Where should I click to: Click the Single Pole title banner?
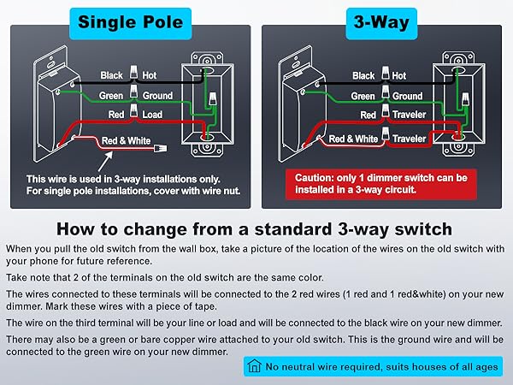pyautogui.click(x=130, y=24)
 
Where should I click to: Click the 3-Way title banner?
pyautogui.click(x=381, y=24)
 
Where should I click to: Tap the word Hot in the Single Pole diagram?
pyautogui.click(x=150, y=75)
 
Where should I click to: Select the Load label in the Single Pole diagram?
pyautogui.click(x=152, y=115)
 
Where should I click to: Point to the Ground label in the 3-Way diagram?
pyautogui.click(x=407, y=96)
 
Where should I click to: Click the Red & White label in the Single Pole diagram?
pyautogui.click(x=126, y=141)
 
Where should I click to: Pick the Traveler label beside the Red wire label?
pyautogui.click(x=409, y=115)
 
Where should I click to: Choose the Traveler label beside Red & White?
pyautogui.click(x=409, y=139)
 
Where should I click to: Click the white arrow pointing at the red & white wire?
pyautogui.click(x=105, y=161)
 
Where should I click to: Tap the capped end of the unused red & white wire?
pyautogui.click(x=161, y=149)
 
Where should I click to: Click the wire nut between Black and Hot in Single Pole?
pyautogui.click(x=133, y=72)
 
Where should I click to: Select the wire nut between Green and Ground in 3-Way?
pyautogui.click(x=386, y=92)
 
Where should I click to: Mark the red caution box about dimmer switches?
pyautogui.click(x=381, y=184)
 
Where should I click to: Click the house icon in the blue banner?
pyautogui.click(x=254, y=366)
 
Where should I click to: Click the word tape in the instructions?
pyautogui.click(x=206, y=307)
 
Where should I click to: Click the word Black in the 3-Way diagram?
pyautogui.click(x=363, y=75)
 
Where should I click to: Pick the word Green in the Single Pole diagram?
pyautogui.click(x=111, y=96)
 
